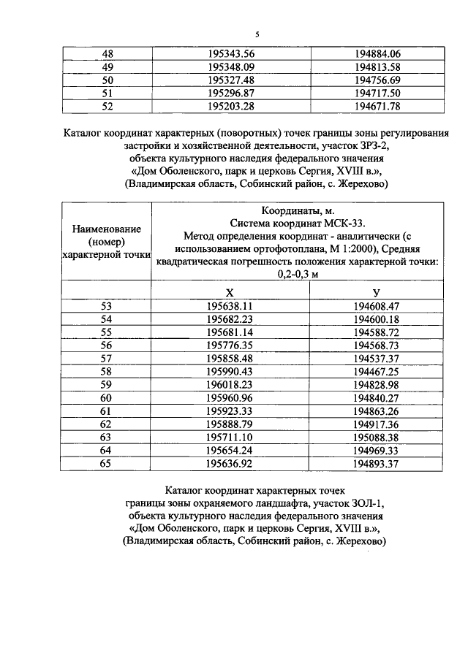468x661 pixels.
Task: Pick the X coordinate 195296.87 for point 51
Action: pos(230,93)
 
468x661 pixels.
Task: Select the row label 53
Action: pos(107,306)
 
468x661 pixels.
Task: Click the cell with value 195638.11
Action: pos(230,306)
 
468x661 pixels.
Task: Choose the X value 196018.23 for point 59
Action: pos(230,385)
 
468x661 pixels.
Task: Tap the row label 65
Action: pos(107,464)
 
